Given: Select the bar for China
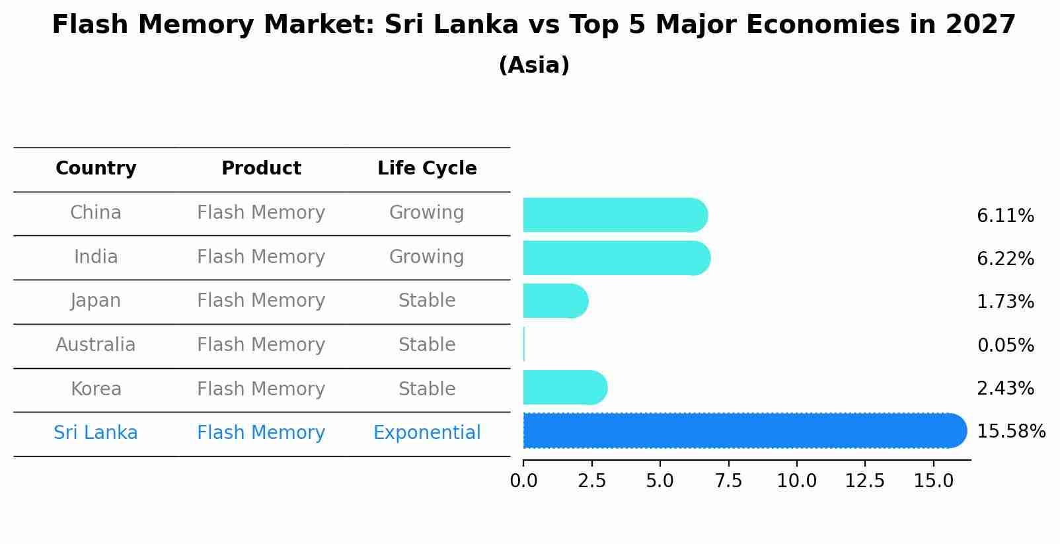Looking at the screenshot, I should (x=615, y=215).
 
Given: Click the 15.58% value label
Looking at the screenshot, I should (x=1010, y=432).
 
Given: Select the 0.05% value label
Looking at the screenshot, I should (x=1005, y=345).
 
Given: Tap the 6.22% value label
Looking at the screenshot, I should (x=1005, y=258).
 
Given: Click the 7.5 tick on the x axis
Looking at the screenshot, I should (x=728, y=481).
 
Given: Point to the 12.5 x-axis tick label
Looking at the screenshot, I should (x=864, y=481).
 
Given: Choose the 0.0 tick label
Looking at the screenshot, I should (x=523, y=481).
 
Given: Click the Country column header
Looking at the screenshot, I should (x=96, y=169).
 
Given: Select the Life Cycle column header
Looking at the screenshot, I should (x=427, y=169).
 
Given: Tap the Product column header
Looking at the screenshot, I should (x=261, y=169).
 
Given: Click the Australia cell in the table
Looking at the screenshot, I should (x=96, y=345).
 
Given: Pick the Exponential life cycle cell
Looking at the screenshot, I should (x=427, y=433).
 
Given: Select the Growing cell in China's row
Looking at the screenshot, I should (x=427, y=213).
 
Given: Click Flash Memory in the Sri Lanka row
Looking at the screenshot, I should (x=261, y=433).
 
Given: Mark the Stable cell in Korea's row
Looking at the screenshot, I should (x=427, y=389).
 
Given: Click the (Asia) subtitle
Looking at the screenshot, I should (x=534, y=65).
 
